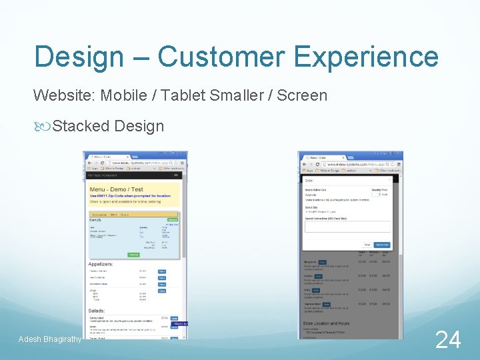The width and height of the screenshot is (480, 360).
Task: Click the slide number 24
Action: coord(447,340)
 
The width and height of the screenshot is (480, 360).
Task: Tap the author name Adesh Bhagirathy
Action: coord(50,340)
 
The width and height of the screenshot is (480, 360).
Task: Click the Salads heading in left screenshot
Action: coord(96,311)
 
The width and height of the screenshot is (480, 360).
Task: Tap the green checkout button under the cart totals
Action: coord(134,255)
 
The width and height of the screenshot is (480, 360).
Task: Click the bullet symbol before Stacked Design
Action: coord(40,125)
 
